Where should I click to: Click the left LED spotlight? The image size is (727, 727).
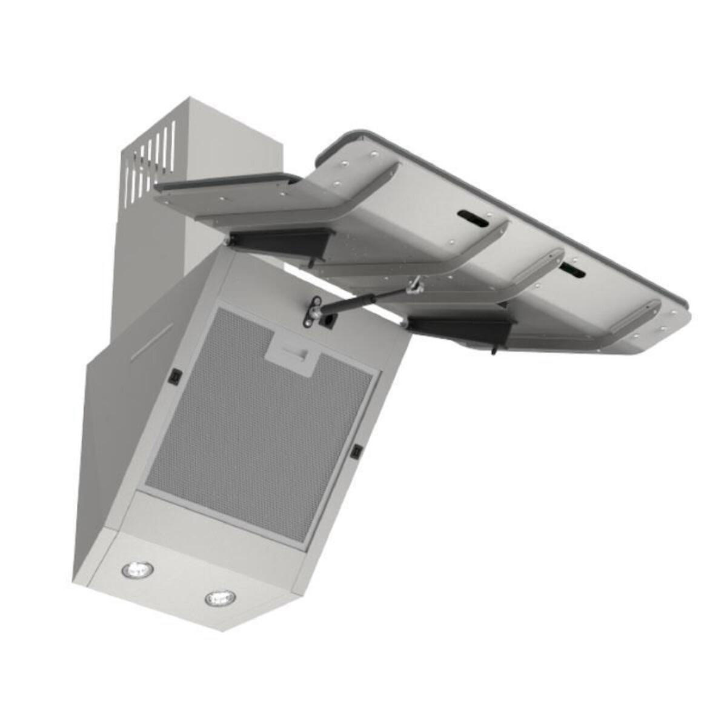[138, 569]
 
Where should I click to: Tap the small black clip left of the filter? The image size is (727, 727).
[176, 377]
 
